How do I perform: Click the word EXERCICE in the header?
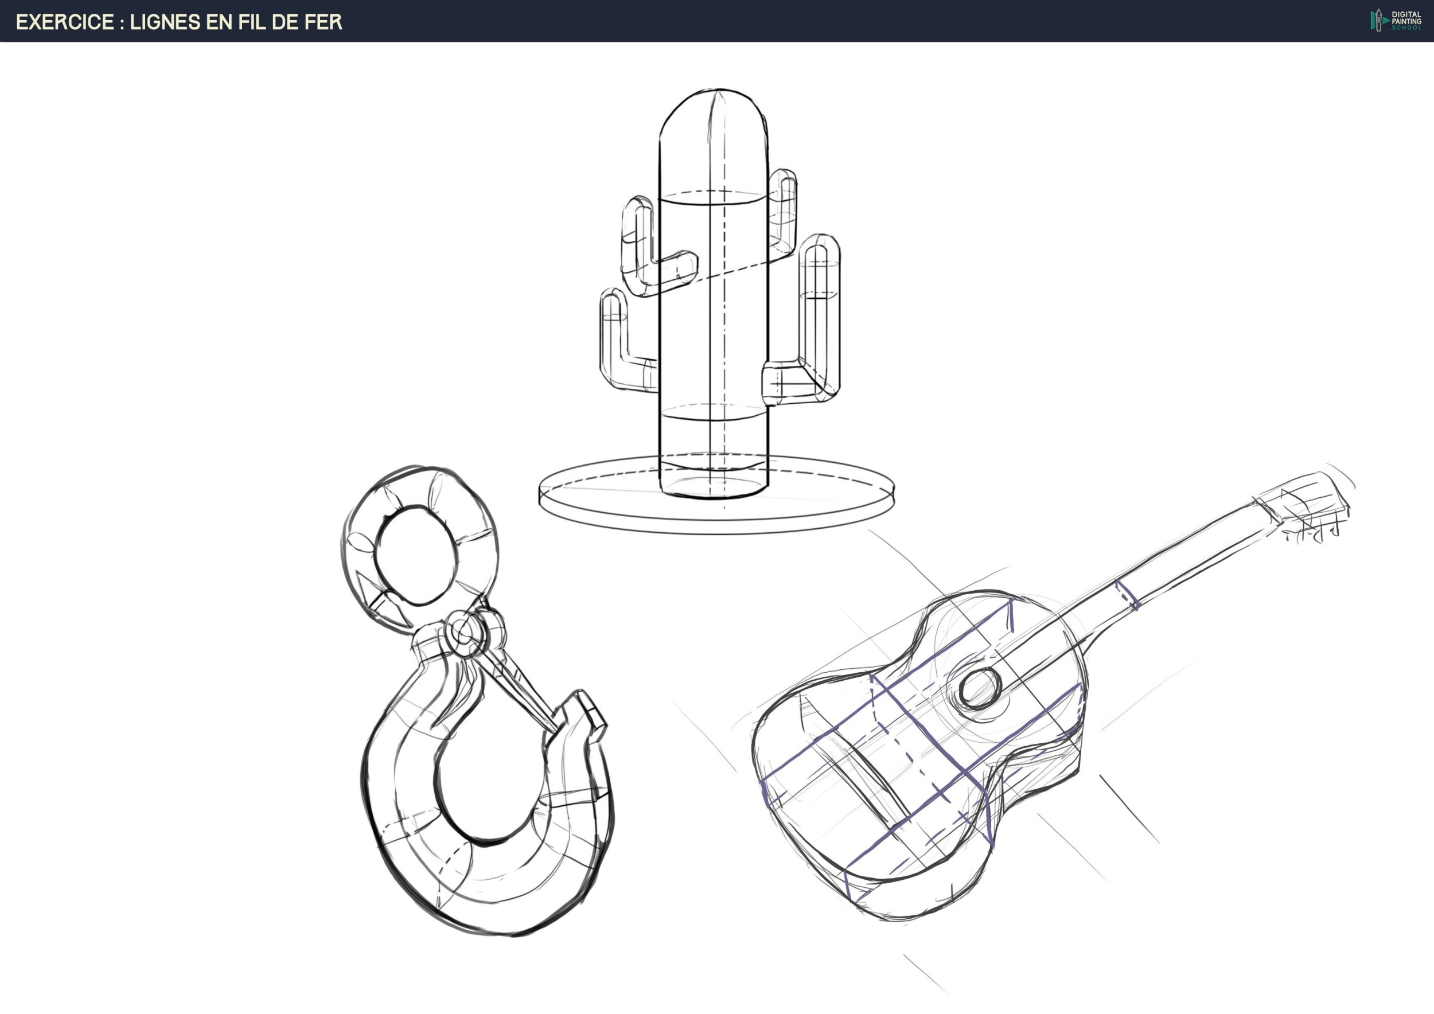tap(65, 22)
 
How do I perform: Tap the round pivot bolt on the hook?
tap(463, 633)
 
